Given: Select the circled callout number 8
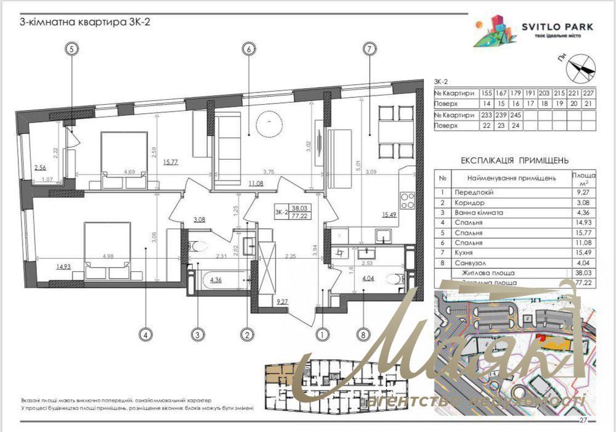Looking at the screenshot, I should tap(363, 335).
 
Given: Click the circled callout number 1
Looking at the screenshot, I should tap(321, 335).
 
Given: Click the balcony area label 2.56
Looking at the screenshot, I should tap(41, 167).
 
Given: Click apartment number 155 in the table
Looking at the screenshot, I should tap(486, 94).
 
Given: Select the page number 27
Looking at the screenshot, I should tap(583, 420).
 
